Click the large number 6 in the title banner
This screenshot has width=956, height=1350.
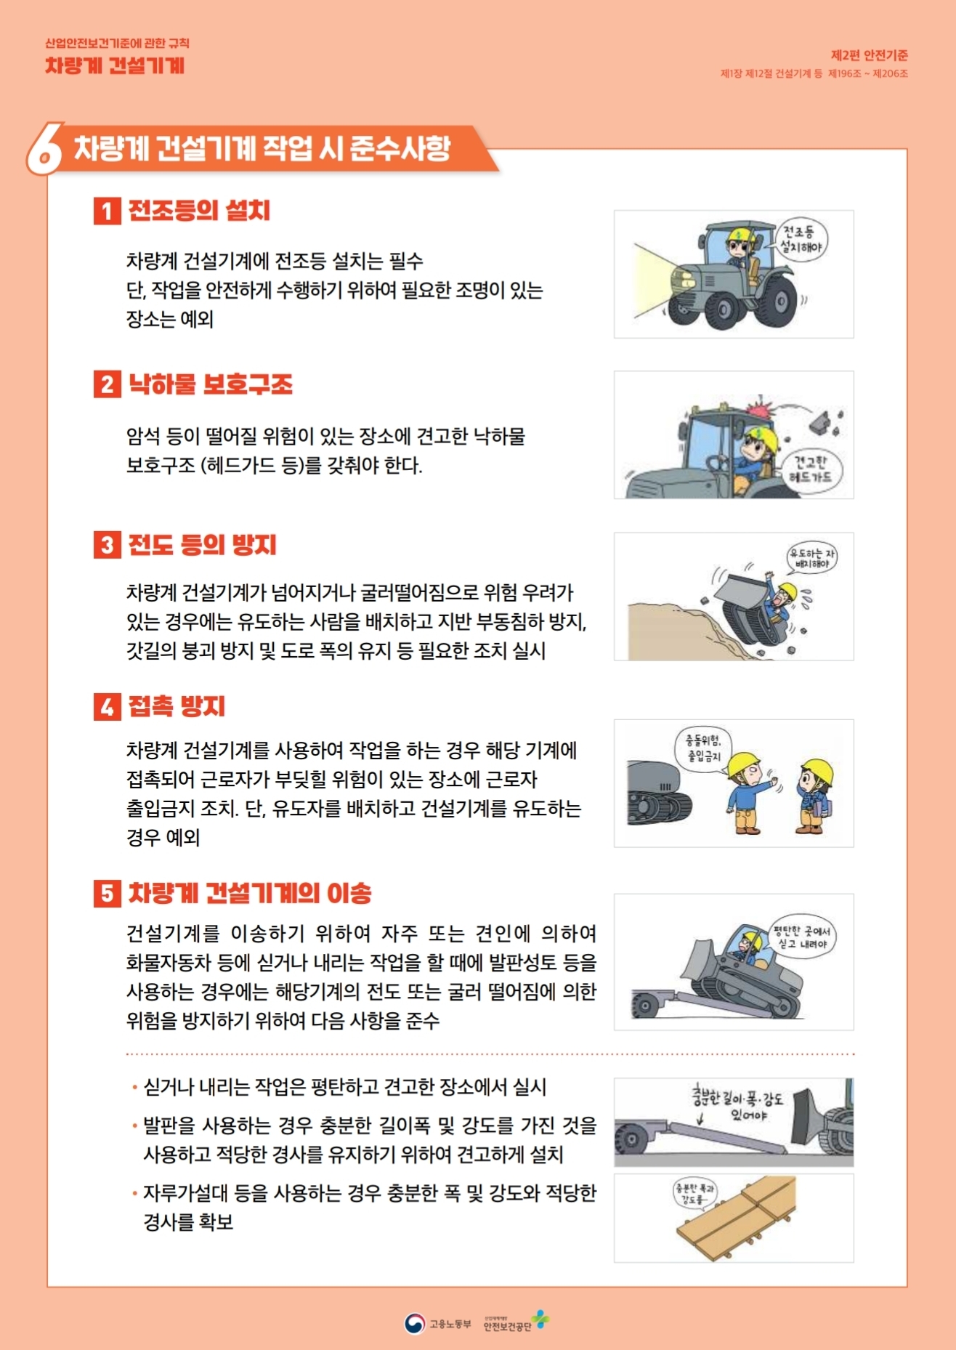pos(45,150)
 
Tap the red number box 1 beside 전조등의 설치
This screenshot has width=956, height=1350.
pos(107,211)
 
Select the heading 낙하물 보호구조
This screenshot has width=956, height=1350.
pos(211,384)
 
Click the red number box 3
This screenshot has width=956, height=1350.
pos(107,545)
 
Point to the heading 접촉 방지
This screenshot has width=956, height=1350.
pos(177,706)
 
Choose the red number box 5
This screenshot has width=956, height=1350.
pos(107,893)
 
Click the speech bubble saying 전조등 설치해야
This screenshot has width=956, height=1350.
pos(801,241)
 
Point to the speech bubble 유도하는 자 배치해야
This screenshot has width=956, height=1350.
pos(812,558)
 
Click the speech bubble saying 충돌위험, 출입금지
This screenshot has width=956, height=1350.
pos(704,749)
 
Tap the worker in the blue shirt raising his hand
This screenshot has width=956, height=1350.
pos(748,793)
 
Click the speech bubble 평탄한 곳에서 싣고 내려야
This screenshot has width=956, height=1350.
pos(803,937)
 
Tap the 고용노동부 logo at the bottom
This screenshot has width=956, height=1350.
pos(437,1323)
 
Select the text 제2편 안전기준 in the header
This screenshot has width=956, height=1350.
pos(869,55)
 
